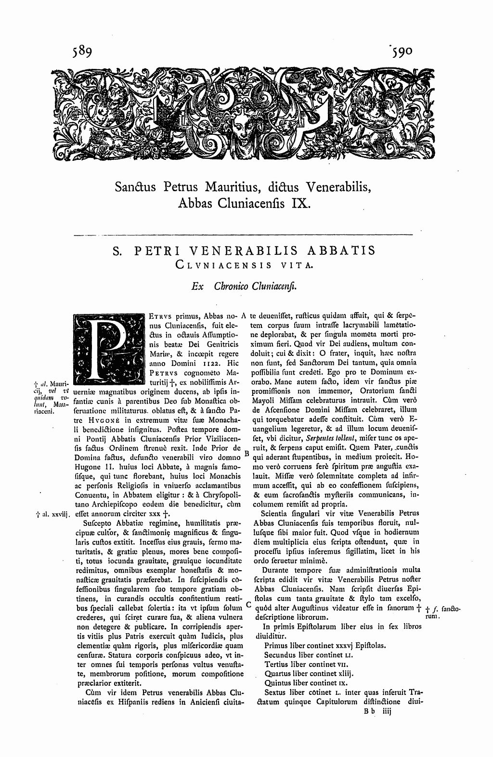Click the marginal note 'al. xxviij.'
point(53,515)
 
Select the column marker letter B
point(246,453)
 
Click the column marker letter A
point(244,316)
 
